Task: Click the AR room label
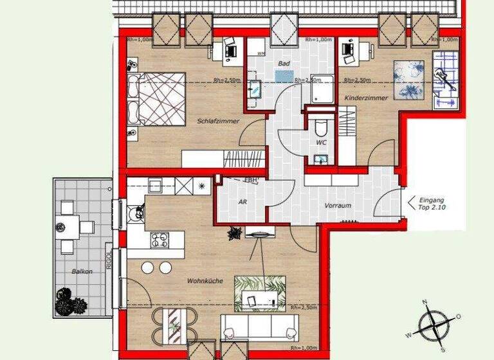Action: click(x=243, y=201)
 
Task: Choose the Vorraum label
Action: click(x=338, y=206)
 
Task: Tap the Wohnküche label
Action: click(x=205, y=281)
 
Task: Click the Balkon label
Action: click(x=82, y=271)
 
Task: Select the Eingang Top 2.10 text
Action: click(x=431, y=204)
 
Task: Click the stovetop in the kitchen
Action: click(x=159, y=240)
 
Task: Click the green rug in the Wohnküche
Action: click(x=259, y=292)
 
